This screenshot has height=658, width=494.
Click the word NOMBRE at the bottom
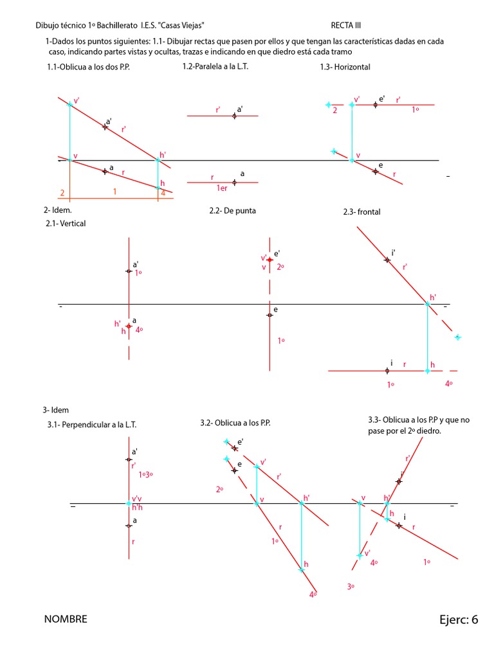click(x=66, y=619)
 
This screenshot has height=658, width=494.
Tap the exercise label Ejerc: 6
click(x=459, y=619)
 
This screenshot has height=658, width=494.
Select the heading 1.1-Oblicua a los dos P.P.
click(x=88, y=67)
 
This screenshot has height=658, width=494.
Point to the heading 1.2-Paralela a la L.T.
click(x=216, y=66)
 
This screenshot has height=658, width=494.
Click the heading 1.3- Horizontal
click(x=345, y=67)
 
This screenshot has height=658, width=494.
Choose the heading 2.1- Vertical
click(x=65, y=223)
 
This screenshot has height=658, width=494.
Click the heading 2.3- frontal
click(x=362, y=212)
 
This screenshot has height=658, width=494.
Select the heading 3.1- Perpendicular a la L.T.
click(x=91, y=425)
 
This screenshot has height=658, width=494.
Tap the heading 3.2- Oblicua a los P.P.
click(x=235, y=423)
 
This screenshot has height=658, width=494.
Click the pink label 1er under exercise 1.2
click(x=223, y=188)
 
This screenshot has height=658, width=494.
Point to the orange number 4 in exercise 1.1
click(x=163, y=192)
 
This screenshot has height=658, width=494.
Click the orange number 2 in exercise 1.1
click(x=62, y=193)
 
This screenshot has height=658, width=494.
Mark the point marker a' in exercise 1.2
click(x=234, y=116)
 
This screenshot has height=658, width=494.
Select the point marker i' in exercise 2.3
click(x=387, y=260)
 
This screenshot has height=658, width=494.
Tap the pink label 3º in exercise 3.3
click(x=351, y=587)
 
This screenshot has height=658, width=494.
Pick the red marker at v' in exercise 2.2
click(x=270, y=260)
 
